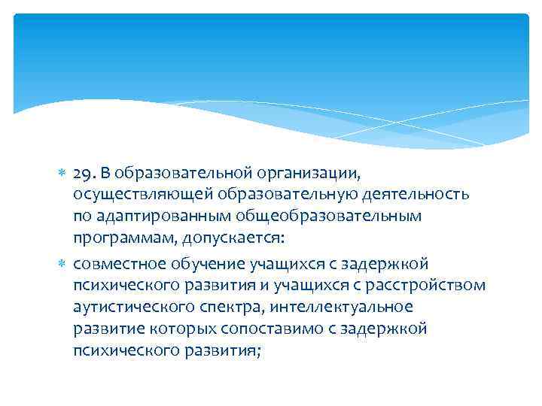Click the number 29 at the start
[x=83, y=174]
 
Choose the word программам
[x=119, y=238]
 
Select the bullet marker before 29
[x=63, y=174]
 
